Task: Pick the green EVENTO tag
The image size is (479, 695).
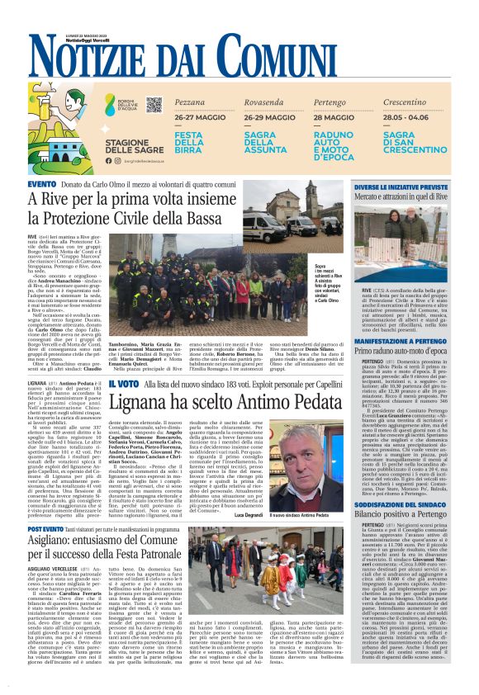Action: coord(41,183)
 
